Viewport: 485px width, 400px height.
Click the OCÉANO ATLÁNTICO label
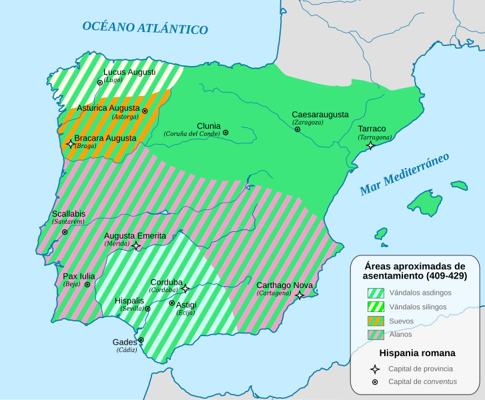[x=145, y=28]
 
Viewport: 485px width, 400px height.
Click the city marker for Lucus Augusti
[x=100, y=83]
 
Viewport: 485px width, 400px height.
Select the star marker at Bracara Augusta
[x=70, y=143]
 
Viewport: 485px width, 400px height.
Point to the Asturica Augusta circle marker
[x=145, y=109]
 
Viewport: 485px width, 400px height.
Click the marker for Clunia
[x=225, y=133]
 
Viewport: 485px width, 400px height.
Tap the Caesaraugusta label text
[x=320, y=114]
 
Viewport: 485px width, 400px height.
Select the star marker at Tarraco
[x=370, y=145]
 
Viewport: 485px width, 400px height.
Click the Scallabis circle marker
[x=65, y=232]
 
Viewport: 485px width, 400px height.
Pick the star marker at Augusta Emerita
[x=136, y=246]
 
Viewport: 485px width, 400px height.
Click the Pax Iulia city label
[x=79, y=276]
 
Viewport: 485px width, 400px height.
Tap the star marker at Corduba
[x=185, y=288]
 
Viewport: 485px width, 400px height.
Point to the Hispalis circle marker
[x=147, y=309]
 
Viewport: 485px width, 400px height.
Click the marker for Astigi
[x=171, y=303]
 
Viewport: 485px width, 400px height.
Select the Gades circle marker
[x=141, y=340]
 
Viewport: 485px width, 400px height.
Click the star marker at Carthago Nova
[x=300, y=295]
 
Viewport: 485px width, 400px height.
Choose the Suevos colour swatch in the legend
[x=376, y=321]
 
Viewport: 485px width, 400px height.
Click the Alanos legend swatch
[x=376, y=335]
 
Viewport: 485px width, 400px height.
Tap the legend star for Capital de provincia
[x=376, y=369]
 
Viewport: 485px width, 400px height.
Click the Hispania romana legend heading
[x=417, y=353]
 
